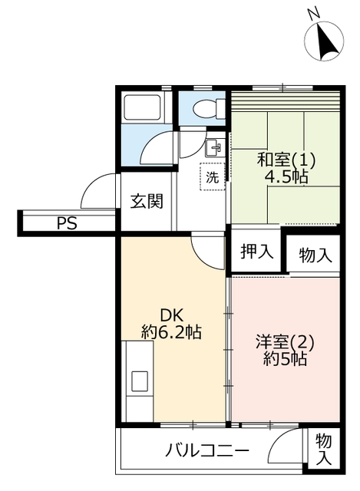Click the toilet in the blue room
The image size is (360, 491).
click(x=209, y=109)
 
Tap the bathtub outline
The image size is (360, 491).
click(x=143, y=107)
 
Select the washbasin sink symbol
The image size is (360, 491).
click(x=213, y=147)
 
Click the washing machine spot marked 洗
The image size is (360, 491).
click(x=213, y=177)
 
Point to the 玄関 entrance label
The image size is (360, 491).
click(x=147, y=201)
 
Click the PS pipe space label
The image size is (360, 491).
click(x=67, y=223)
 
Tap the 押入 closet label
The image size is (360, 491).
click(x=256, y=252)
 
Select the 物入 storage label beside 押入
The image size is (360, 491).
click(x=315, y=255)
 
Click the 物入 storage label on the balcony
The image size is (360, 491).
click(x=323, y=449)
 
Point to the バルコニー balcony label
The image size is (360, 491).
click(x=207, y=452)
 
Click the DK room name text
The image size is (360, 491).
click(x=171, y=315)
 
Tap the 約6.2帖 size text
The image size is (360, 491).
click(x=171, y=332)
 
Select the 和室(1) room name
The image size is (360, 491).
click(x=286, y=160)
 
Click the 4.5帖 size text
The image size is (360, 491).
click(x=286, y=177)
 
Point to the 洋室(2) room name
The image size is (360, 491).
click(x=285, y=342)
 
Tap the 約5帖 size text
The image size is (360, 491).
click(x=285, y=359)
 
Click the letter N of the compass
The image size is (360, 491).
click(x=313, y=14)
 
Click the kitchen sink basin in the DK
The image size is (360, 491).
click(x=140, y=381)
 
